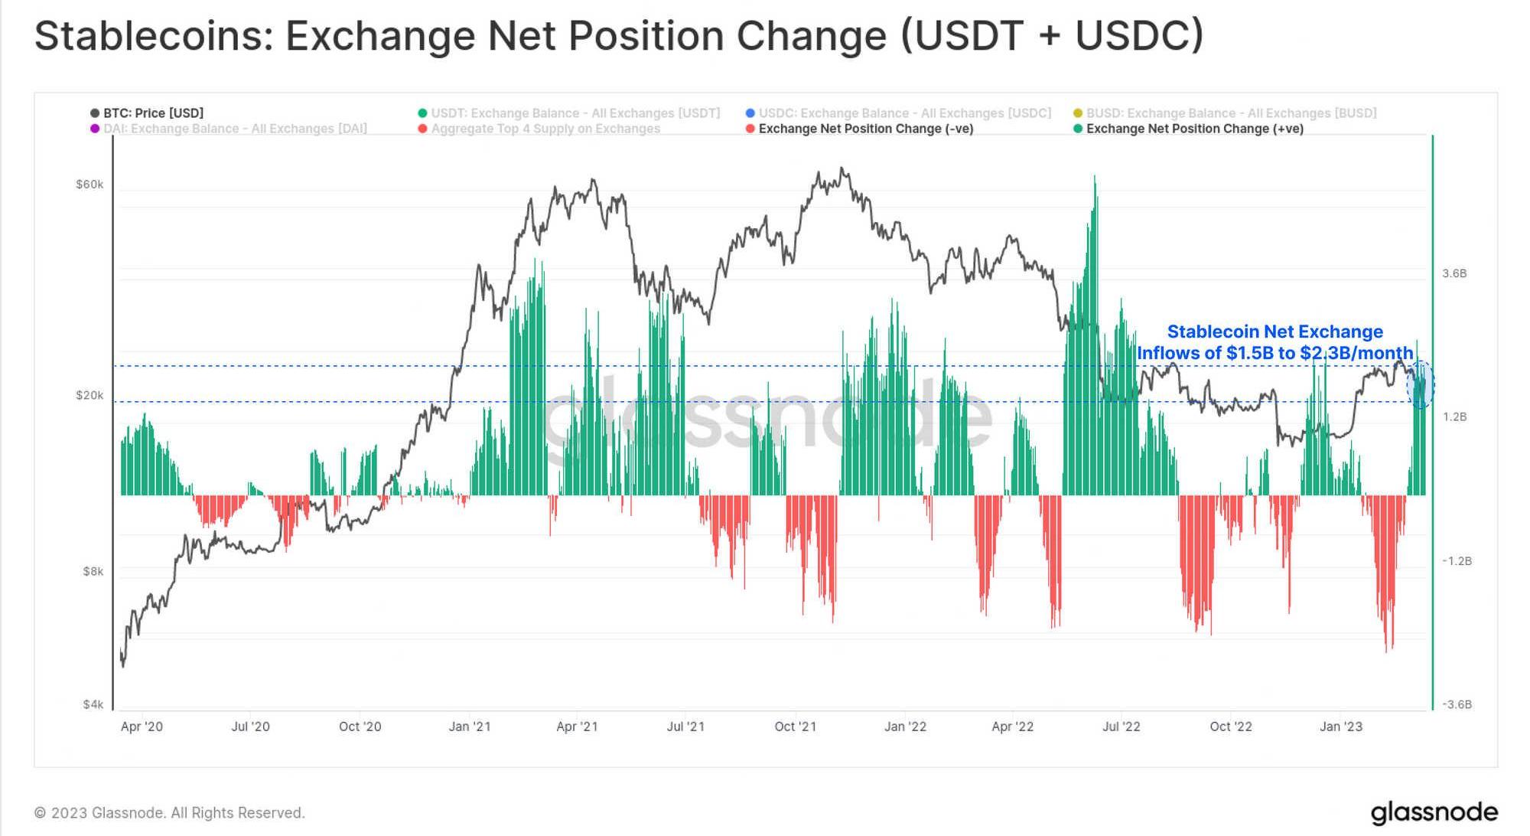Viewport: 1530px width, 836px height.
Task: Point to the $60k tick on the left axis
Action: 90,185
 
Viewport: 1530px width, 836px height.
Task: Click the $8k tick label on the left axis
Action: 93,571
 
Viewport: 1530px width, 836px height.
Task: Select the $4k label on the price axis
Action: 93,704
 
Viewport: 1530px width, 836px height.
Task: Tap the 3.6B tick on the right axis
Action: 1454,273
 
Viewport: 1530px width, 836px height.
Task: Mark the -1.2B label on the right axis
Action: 1457,561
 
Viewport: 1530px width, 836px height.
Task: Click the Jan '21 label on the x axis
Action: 470,727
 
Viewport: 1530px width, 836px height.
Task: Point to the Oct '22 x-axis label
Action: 1231,727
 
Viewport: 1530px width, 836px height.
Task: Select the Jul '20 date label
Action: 250,727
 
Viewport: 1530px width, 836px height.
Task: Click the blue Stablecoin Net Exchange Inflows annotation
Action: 1274,342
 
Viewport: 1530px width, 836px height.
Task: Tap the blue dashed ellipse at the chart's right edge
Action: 1421,384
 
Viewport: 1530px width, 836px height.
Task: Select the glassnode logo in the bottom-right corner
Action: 1434,812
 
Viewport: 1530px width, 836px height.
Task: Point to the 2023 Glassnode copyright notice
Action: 170,812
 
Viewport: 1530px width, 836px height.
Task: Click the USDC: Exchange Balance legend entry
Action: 904,113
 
